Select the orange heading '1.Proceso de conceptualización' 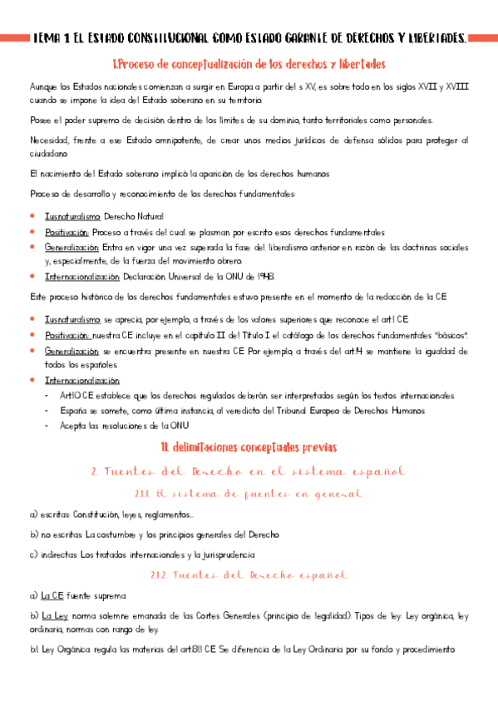coord(249,65)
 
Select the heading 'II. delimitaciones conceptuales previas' coord(249,448)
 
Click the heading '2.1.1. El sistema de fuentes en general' coord(249,494)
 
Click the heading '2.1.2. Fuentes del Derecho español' coord(249,574)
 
